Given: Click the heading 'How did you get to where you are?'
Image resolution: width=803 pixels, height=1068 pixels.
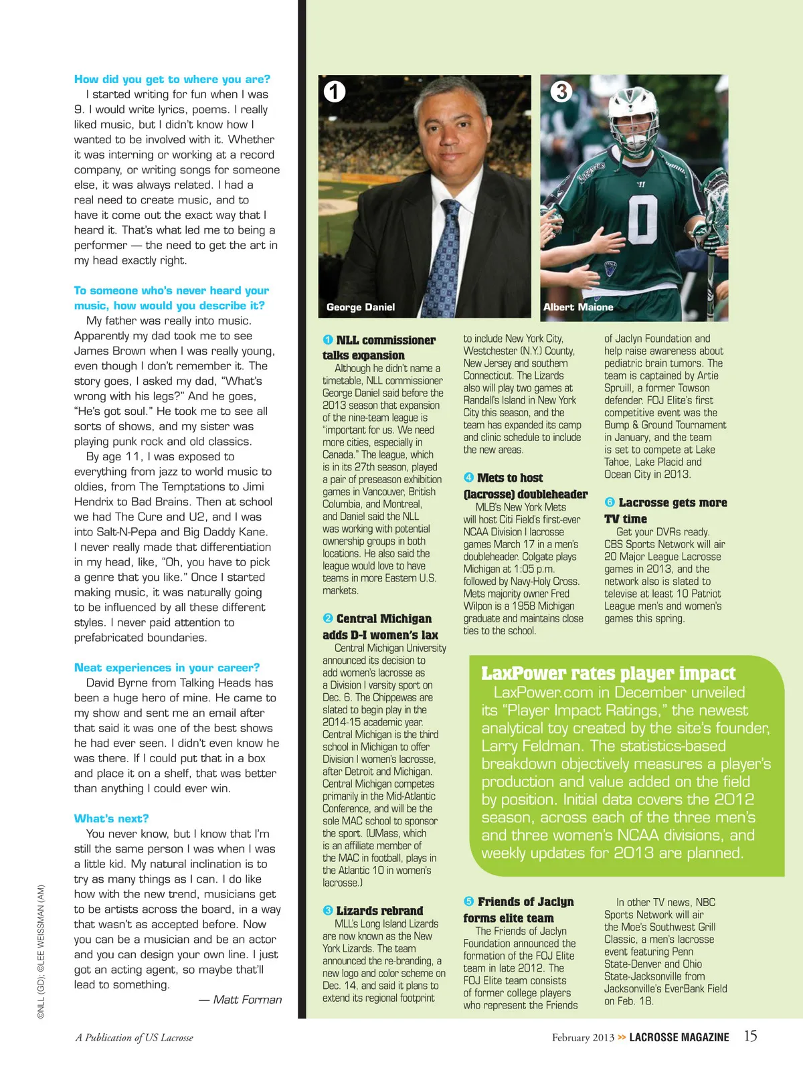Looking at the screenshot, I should pyautogui.click(x=172, y=79).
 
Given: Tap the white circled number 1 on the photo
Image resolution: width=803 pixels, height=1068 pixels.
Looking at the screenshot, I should pyautogui.click(x=335, y=91).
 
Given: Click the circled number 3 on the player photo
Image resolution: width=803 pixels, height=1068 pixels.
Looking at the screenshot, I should pyautogui.click(x=561, y=91).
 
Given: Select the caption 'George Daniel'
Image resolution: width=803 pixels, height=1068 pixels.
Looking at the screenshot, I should pyautogui.click(x=361, y=307).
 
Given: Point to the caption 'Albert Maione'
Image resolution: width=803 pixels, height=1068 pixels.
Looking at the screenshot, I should pyautogui.click(x=578, y=307).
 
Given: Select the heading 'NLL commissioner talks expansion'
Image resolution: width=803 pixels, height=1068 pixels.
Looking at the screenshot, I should pyautogui.click(x=379, y=348).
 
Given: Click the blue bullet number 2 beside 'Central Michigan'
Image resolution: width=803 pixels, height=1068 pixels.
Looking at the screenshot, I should pyautogui.click(x=328, y=618).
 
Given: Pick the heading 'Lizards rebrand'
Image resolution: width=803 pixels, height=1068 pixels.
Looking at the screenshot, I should pyautogui.click(x=379, y=911).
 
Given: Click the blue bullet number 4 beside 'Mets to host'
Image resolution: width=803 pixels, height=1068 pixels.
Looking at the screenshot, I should pyautogui.click(x=468, y=478).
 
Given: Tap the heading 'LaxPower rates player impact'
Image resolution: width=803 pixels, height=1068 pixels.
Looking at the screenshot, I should pyautogui.click(x=608, y=673).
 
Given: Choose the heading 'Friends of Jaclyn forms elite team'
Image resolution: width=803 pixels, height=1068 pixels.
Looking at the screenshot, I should pyautogui.click(x=519, y=910).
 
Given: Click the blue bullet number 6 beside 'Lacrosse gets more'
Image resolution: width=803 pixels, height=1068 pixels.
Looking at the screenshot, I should pyautogui.click(x=610, y=503).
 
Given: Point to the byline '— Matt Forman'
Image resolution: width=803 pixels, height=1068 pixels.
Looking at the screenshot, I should pyautogui.click(x=240, y=1000).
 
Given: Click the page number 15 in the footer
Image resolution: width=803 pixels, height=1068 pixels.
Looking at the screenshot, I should pyautogui.click(x=751, y=1036).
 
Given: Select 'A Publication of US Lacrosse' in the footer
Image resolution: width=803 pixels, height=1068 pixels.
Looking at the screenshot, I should pyautogui.click(x=134, y=1038).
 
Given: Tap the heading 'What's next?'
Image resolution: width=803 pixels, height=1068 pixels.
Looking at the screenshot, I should pyautogui.click(x=111, y=818).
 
